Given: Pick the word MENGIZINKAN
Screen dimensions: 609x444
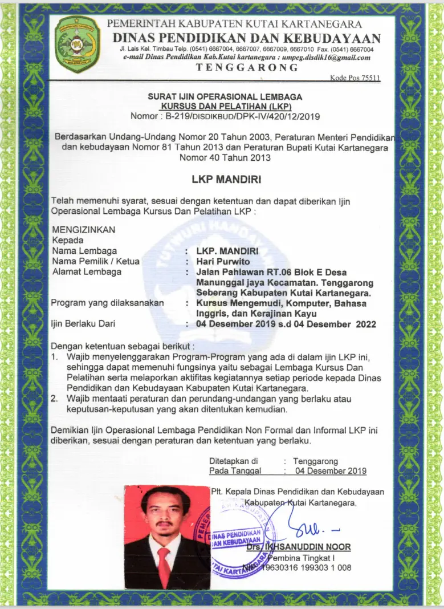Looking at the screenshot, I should tap(83, 230).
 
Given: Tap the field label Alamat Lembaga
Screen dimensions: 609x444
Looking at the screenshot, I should tap(86, 271).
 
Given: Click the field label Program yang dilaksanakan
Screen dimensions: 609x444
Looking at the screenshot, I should tap(107, 302).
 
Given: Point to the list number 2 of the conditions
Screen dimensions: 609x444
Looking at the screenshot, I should tap(55, 398).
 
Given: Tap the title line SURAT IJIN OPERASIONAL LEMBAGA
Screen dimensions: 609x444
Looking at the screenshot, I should tap(225, 97).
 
